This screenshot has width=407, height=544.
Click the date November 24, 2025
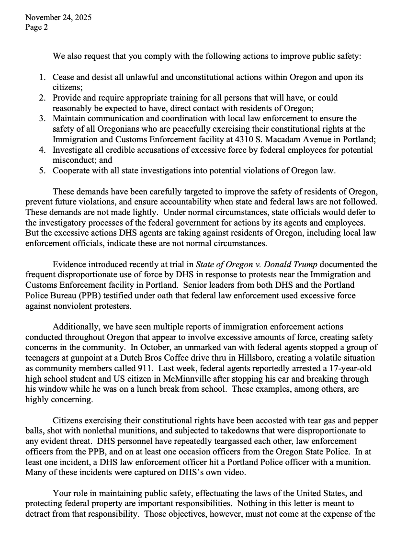(58, 18)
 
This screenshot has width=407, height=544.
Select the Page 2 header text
(36, 27)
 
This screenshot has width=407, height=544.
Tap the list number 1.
(42, 77)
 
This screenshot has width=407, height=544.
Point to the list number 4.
(42, 150)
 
